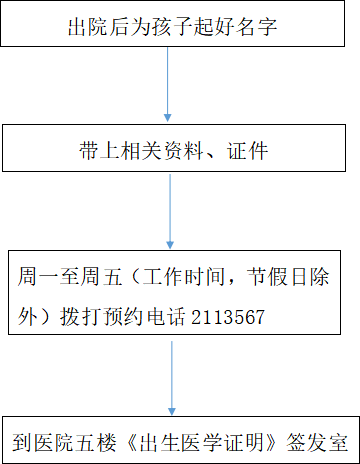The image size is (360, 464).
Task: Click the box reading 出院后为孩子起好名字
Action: click(x=173, y=23)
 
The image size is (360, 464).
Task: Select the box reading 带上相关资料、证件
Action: click(x=174, y=148)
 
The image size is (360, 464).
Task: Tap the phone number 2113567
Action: click(x=228, y=317)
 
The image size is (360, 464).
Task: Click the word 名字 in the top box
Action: click(x=256, y=27)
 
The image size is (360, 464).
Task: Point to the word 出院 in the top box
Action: click(x=88, y=27)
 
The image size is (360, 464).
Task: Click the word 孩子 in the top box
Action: click(x=173, y=27)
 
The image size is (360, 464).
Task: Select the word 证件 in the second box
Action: click(x=247, y=151)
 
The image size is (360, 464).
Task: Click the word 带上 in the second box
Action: click(x=99, y=151)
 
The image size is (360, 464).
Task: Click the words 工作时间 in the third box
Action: click(x=183, y=277)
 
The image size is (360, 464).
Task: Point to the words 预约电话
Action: click(x=145, y=317)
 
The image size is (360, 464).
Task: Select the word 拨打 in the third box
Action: click(x=80, y=317)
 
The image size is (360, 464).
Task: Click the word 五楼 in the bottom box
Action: click(x=96, y=442)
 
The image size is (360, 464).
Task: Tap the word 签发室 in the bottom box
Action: click(x=317, y=442)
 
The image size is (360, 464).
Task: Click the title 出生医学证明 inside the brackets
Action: click(x=201, y=442)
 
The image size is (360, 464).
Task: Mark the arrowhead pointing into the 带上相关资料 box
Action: click(x=168, y=117)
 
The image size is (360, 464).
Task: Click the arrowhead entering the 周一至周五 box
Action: click(x=170, y=245)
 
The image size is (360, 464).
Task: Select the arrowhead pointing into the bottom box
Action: click(x=172, y=411)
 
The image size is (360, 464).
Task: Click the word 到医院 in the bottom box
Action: click(x=43, y=442)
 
